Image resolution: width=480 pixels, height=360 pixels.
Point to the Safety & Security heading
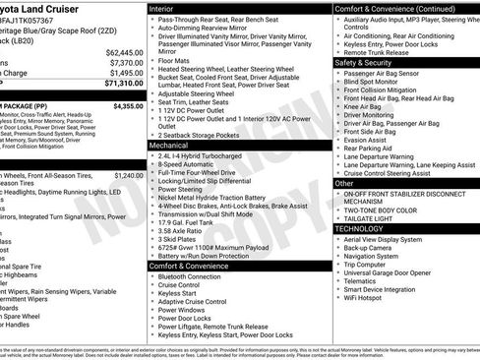click(363, 61)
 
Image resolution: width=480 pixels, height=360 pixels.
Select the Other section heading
click(344, 183)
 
